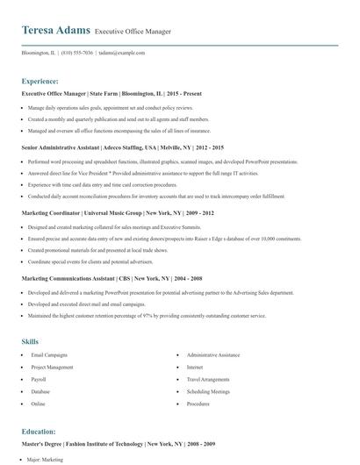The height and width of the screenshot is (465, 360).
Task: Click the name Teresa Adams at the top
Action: (55, 30)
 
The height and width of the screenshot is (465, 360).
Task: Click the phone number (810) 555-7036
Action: (77, 53)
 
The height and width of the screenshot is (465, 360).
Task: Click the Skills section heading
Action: (30, 340)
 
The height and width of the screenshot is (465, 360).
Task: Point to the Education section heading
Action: (40, 432)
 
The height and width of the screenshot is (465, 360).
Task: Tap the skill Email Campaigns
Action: (48, 355)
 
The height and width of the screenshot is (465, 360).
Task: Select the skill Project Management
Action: (52, 368)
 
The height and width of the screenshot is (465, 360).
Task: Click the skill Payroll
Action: (39, 380)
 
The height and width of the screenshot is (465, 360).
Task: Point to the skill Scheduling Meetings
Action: (208, 392)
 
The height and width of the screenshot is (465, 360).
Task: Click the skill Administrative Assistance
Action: (213, 355)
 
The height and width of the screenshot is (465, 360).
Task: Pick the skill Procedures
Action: (198, 404)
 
